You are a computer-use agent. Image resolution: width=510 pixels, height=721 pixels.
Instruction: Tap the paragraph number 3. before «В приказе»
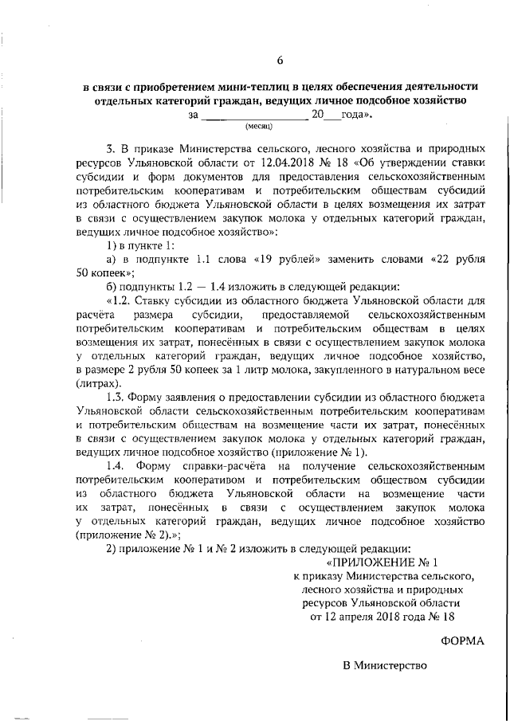tap(111, 148)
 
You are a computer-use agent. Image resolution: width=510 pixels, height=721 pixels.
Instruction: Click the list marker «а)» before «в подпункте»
tap(112, 260)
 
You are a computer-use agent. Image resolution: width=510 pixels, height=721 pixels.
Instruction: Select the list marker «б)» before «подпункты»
tap(112, 287)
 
